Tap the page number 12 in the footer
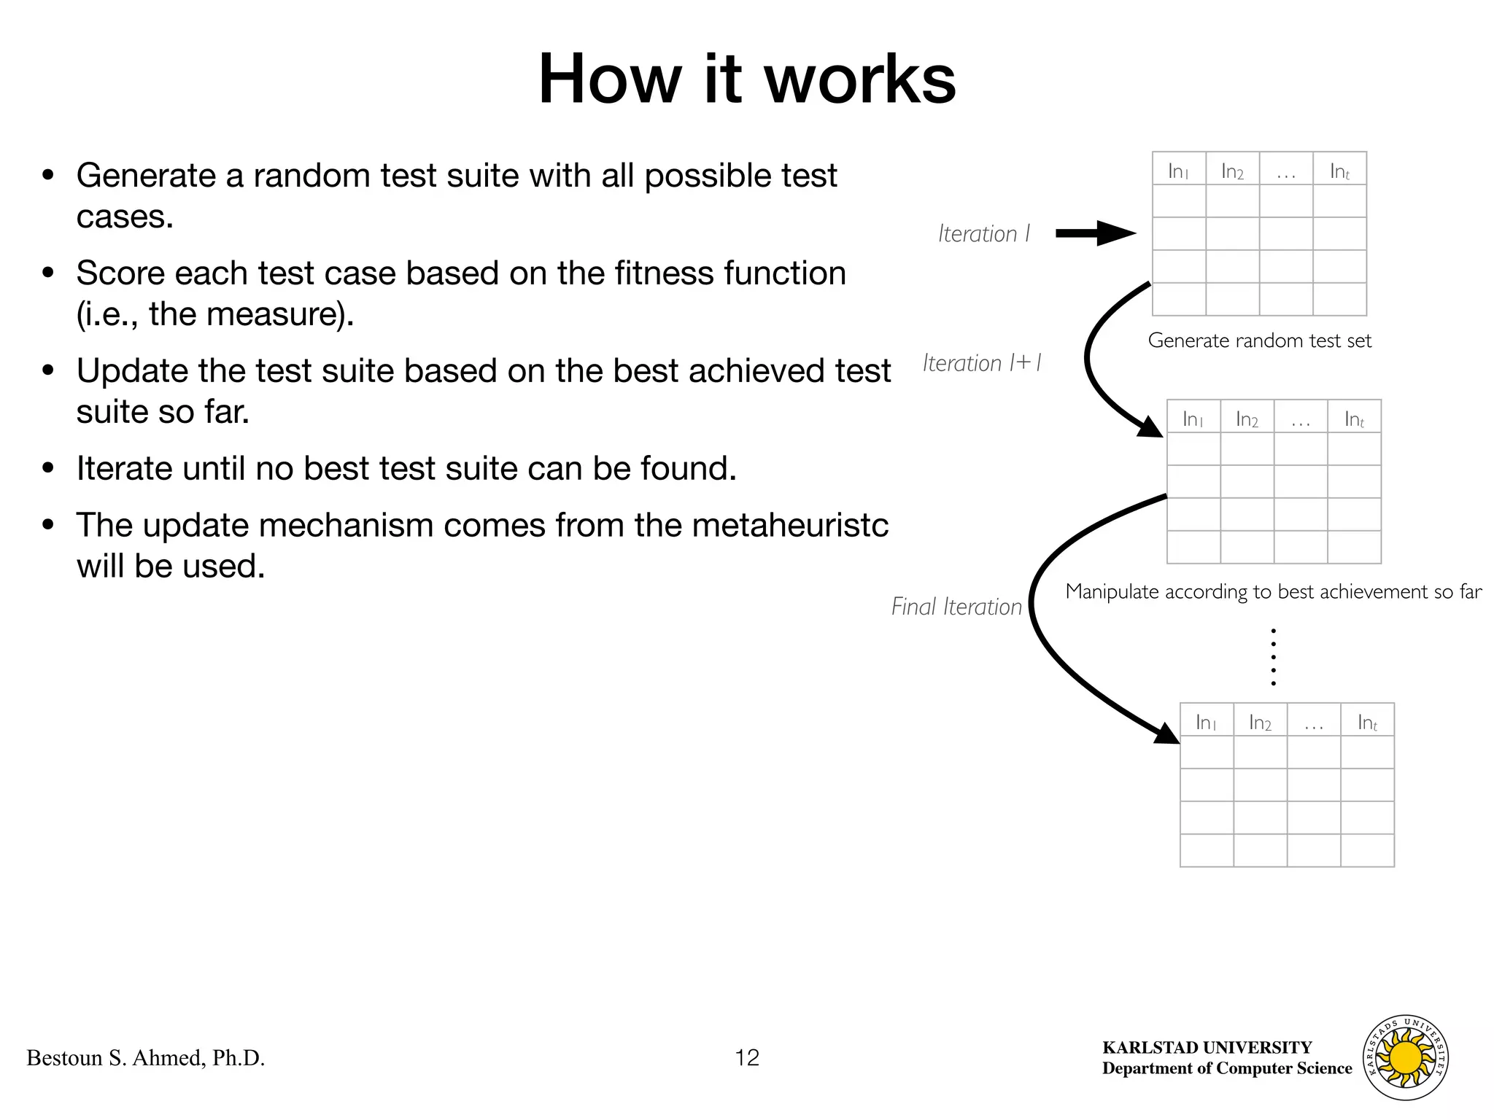tap(747, 1057)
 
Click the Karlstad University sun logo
tap(1406, 1057)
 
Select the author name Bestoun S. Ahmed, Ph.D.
tap(146, 1058)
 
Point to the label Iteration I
tap(984, 234)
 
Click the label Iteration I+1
tap(982, 363)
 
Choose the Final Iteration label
tap(956, 607)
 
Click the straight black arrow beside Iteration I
tap(1095, 233)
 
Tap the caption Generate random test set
tap(1260, 341)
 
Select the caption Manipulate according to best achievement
tap(1273, 591)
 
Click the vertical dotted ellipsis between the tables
tap(1273, 656)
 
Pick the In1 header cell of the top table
tap(1179, 171)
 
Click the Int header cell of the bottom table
tap(1367, 722)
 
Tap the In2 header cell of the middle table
tap(1247, 419)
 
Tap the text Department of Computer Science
tap(1227, 1068)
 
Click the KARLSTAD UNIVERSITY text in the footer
tap(1207, 1048)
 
